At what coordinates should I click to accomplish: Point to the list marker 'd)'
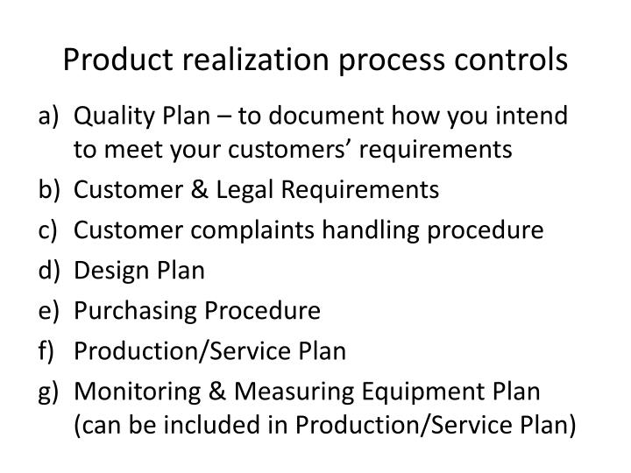click(49, 271)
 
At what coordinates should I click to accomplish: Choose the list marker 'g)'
click(49, 391)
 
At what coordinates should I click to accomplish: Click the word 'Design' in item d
click(104, 271)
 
